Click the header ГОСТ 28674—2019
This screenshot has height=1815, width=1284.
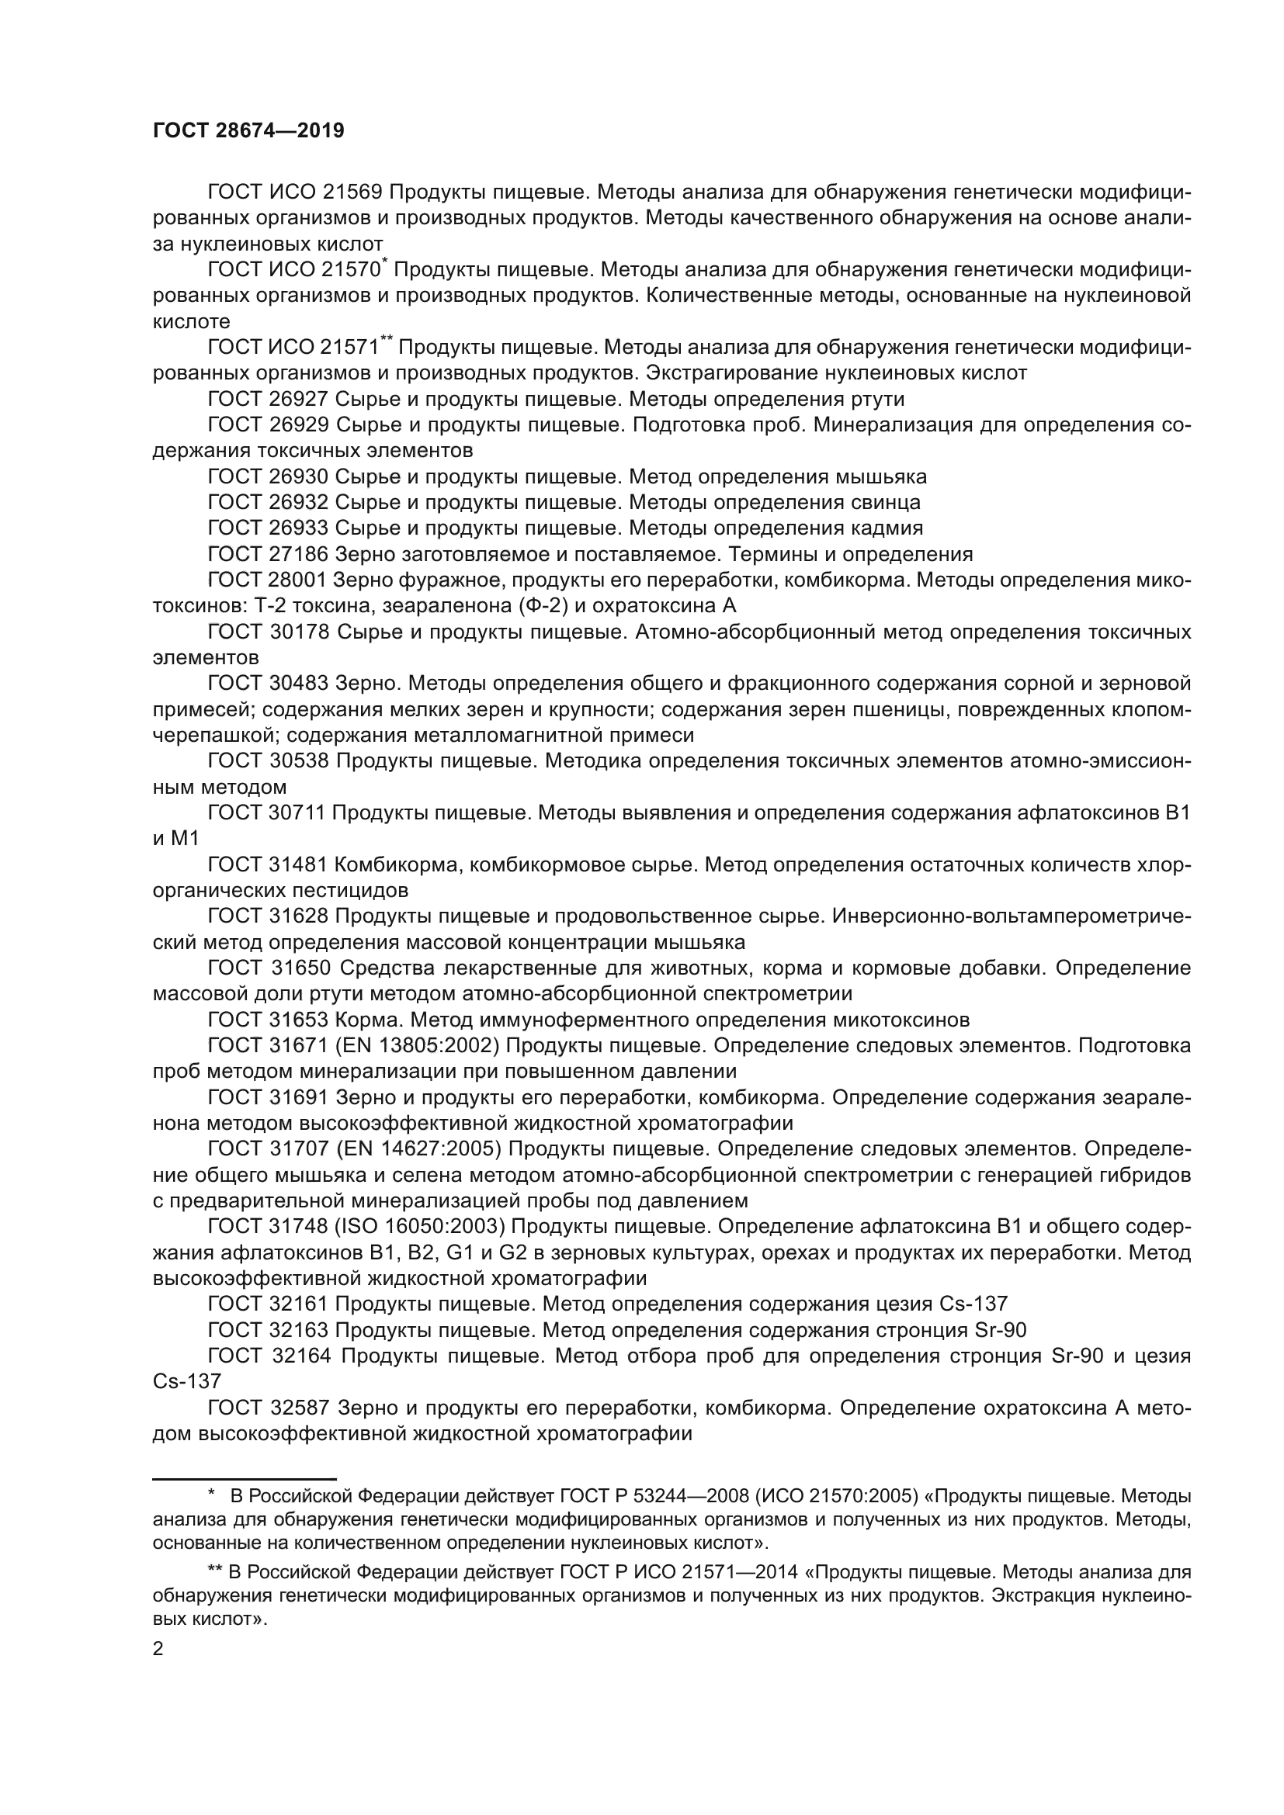coord(248,131)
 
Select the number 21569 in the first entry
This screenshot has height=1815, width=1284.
coord(352,192)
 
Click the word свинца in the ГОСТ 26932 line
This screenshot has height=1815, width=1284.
coord(887,503)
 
